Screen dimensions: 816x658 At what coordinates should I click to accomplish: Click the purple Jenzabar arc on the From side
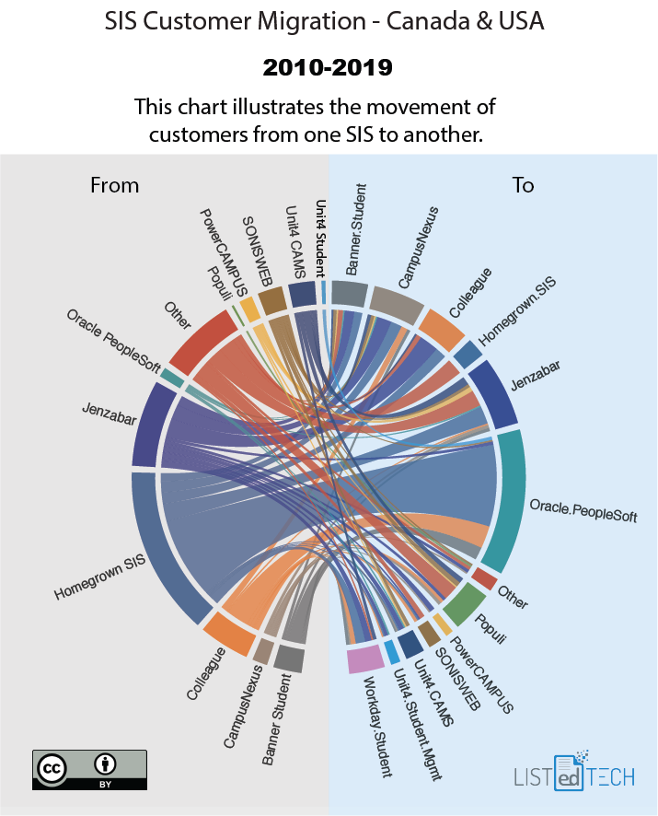[x=150, y=425]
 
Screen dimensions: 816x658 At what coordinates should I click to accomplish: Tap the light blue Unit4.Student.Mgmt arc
[x=392, y=651]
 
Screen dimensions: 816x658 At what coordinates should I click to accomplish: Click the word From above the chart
[x=114, y=185]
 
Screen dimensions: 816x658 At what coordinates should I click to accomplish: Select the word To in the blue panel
[x=523, y=185]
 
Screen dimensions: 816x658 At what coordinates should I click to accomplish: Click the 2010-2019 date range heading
[x=329, y=67]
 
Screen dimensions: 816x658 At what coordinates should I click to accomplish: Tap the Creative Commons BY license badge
[x=89, y=770]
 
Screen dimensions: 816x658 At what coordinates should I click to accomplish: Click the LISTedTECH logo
[x=574, y=774]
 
